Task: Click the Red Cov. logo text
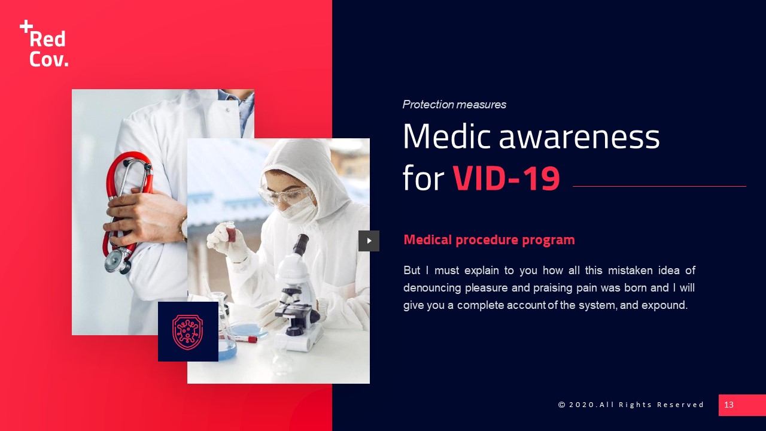(48, 48)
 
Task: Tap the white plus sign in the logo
(26, 26)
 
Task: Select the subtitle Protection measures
(454, 105)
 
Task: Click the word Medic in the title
(447, 137)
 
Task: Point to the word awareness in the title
(579, 137)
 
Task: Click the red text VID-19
(506, 179)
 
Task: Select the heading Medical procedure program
(489, 240)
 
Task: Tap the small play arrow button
(369, 241)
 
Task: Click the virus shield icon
(188, 332)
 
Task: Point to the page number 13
(729, 405)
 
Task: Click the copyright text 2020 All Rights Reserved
(631, 405)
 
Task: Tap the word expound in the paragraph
(666, 305)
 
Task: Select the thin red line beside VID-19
(659, 187)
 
